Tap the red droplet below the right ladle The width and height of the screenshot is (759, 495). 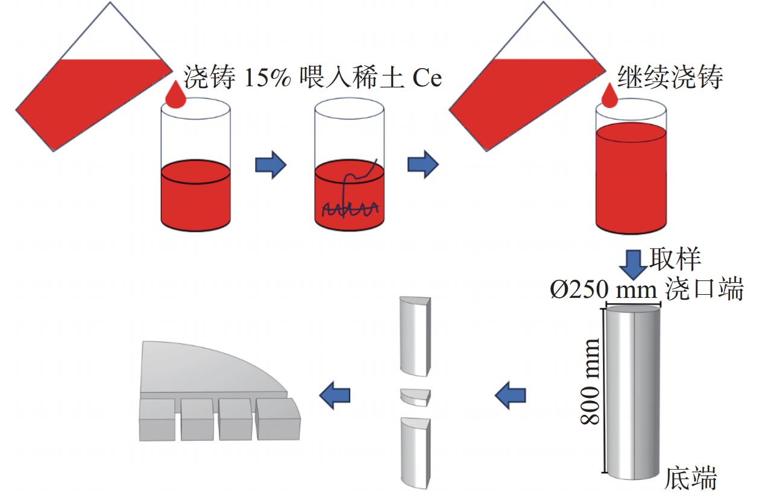[609, 95]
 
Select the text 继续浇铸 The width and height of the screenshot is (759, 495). [670, 77]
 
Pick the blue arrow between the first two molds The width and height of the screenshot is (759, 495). [271, 165]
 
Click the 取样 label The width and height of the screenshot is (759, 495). [675, 259]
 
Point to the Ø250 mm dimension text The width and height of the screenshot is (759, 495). [603, 290]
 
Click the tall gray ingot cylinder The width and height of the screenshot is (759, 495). [633, 392]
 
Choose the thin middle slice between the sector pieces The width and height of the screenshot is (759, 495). [416, 396]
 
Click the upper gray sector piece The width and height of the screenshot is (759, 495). [416, 334]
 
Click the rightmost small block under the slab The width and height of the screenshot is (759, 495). [277, 419]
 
